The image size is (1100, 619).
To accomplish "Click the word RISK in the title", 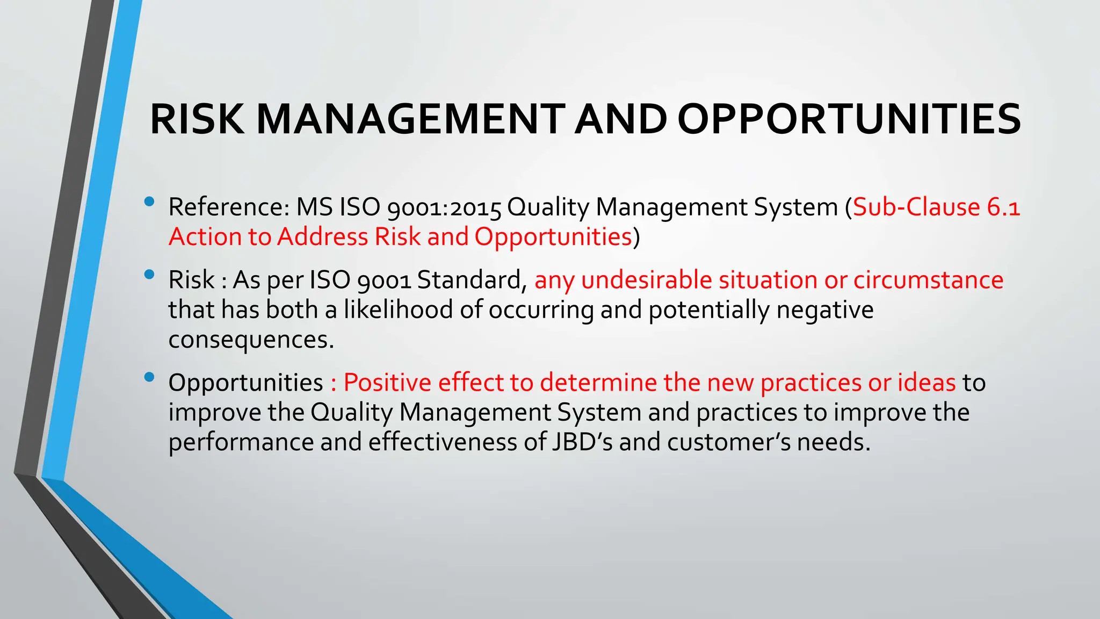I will pyautogui.click(x=197, y=119).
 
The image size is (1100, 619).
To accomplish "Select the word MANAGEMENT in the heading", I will pyautogui.click(x=410, y=119).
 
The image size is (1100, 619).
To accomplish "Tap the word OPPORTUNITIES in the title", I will pyautogui.click(x=849, y=119).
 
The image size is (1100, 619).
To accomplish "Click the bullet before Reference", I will pyautogui.click(x=149, y=202).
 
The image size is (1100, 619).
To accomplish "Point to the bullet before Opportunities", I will pyautogui.click(x=149, y=377).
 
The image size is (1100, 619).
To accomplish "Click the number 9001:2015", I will pyautogui.click(x=444, y=207).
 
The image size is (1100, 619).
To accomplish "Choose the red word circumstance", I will pyautogui.click(x=928, y=280).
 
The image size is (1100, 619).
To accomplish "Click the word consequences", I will pyautogui.click(x=251, y=340).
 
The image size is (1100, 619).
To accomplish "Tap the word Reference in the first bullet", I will pyautogui.click(x=228, y=207).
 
